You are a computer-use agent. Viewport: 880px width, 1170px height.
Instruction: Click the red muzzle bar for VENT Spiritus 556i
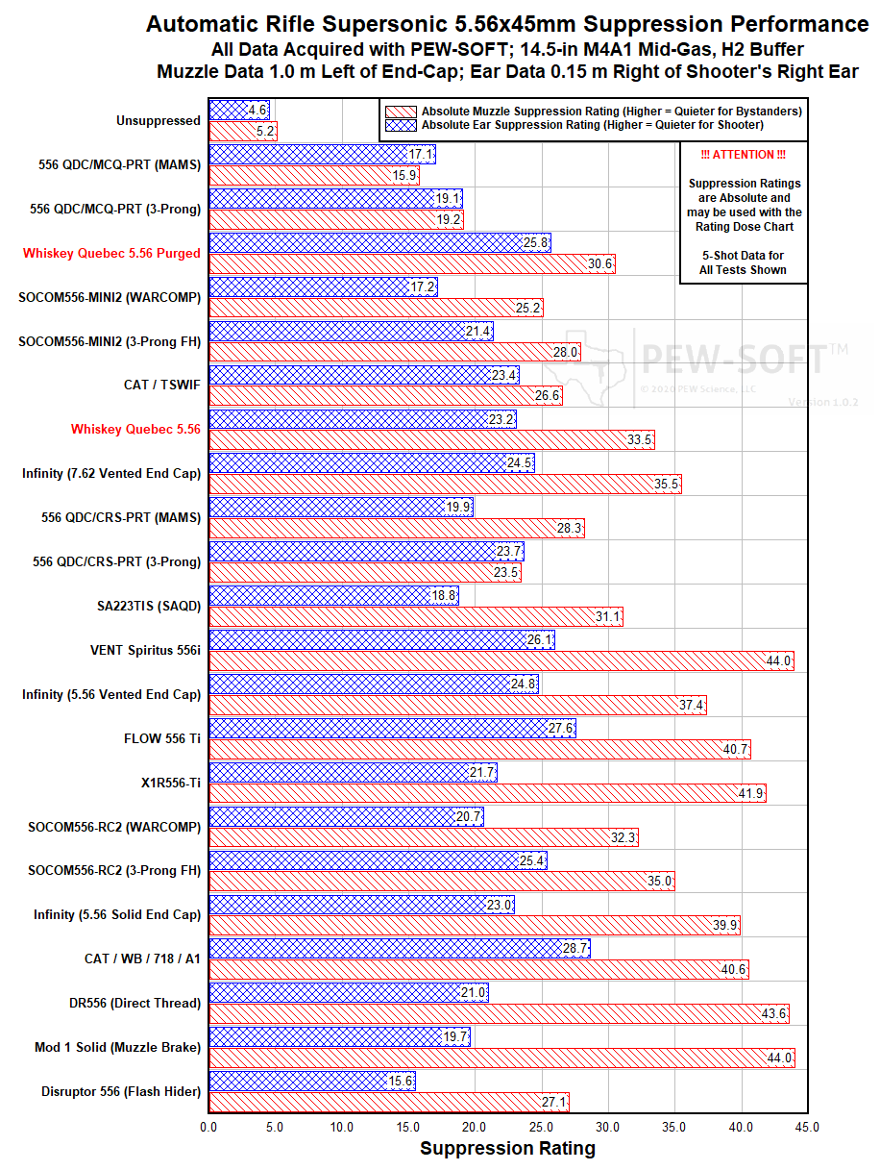pyautogui.click(x=500, y=661)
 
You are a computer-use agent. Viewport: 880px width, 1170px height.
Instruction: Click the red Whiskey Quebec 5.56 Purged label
pyautogui.click(x=111, y=254)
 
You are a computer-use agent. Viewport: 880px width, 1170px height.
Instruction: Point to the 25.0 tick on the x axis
pyautogui.click(x=542, y=1126)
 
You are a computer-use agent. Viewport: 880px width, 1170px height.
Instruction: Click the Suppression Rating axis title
pyautogui.click(x=507, y=1149)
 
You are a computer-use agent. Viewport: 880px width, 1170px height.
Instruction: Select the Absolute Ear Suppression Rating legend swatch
pyautogui.click(x=400, y=125)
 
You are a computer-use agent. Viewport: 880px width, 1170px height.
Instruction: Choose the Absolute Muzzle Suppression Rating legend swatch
pyautogui.click(x=400, y=112)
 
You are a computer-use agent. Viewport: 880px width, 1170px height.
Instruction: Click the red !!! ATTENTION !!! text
pyautogui.click(x=744, y=156)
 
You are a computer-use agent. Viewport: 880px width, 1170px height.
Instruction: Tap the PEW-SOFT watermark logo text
pyautogui.click(x=732, y=360)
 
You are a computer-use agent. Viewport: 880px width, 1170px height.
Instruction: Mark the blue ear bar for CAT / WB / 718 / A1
pyautogui.click(x=399, y=948)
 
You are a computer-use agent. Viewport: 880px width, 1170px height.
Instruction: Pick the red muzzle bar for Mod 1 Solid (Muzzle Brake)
pyautogui.click(x=500, y=1058)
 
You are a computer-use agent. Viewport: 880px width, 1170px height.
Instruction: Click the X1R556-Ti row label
pyautogui.click(x=170, y=784)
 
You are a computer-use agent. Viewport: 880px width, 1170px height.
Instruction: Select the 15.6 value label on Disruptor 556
pyautogui.click(x=401, y=1082)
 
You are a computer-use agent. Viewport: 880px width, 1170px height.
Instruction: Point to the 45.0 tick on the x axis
pyautogui.click(x=807, y=1126)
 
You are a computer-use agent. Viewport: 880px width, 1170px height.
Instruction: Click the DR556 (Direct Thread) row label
pyautogui.click(x=134, y=1004)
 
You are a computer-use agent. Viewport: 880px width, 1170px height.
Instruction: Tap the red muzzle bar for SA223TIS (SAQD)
pyautogui.click(x=415, y=617)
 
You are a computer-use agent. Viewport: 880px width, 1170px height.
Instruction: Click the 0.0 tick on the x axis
pyautogui.click(x=209, y=1126)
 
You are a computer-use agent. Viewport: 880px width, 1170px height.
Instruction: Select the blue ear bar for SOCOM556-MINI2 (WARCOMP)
pyautogui.click(x=323, y=286)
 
